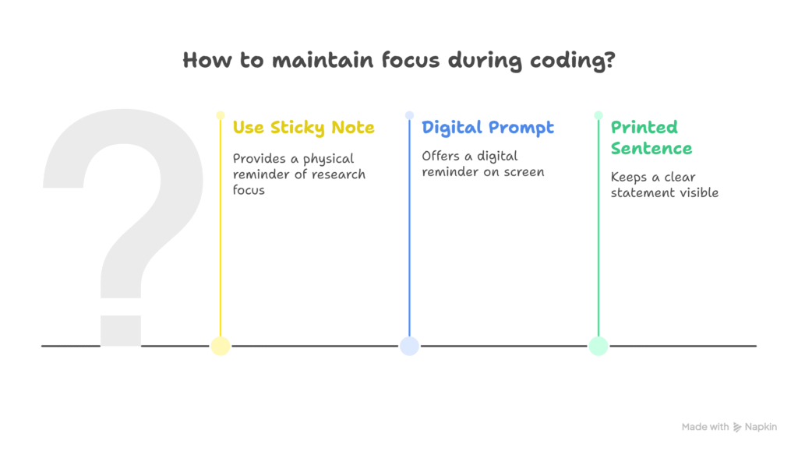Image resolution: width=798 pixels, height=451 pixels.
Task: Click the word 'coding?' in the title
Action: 573,61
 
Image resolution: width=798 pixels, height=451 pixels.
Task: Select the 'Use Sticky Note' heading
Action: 303,127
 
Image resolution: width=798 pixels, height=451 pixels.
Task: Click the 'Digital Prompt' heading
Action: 488,127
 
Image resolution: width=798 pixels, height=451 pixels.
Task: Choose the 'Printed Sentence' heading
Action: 651,137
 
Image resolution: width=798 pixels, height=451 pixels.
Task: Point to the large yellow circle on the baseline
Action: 221,346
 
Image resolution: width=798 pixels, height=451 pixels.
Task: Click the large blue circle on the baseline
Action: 409,346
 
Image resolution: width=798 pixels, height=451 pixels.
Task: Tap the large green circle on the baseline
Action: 598,346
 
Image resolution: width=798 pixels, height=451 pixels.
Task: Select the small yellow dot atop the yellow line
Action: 221,115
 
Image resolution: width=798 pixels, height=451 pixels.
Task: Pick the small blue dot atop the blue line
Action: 409,115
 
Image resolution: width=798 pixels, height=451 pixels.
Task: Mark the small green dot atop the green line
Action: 598,115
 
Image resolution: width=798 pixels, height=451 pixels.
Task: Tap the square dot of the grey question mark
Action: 121,330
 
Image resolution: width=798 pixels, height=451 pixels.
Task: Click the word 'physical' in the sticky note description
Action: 328,160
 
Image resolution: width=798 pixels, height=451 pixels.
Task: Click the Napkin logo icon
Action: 737,427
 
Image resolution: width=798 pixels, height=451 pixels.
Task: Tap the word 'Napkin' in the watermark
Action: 761,427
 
